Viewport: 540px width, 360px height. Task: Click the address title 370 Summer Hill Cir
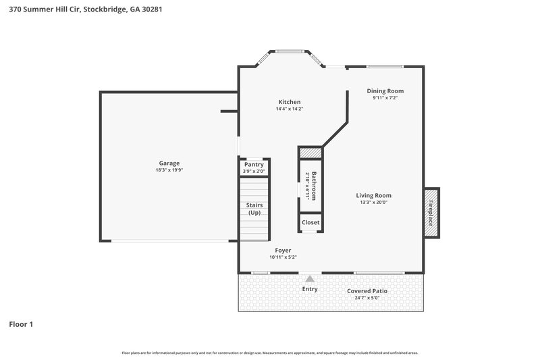(x=85, y=10)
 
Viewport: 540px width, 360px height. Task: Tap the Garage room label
(x=169, y=163)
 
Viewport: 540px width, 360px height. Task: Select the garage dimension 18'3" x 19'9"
(x=169, y=170)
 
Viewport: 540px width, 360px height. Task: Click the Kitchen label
(x=290, y=102)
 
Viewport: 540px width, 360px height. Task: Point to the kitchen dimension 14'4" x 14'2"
(x=290, y=109)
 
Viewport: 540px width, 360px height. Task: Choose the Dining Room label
(x=385, y=91)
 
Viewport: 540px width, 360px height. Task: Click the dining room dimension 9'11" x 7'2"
(x=385, y=98)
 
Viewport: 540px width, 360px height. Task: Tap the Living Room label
(x=374, y=195)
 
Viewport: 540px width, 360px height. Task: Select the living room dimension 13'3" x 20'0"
(x=374, y=202)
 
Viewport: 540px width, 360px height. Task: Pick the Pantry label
(x=254, y=164)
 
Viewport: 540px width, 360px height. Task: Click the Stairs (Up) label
(x=254, y=209)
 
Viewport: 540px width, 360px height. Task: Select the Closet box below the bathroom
(x=310, y=222)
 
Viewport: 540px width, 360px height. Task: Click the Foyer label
(x=283, y=250)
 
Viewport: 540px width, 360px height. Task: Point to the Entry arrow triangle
(x=310, y=278)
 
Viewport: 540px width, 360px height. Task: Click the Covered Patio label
(x=367, y=290)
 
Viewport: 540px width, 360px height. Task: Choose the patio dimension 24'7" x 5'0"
(x=367, y=297)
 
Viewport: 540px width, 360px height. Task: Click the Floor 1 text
(x=21, y=324)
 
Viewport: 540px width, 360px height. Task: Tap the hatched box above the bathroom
(x=310, y=153)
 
